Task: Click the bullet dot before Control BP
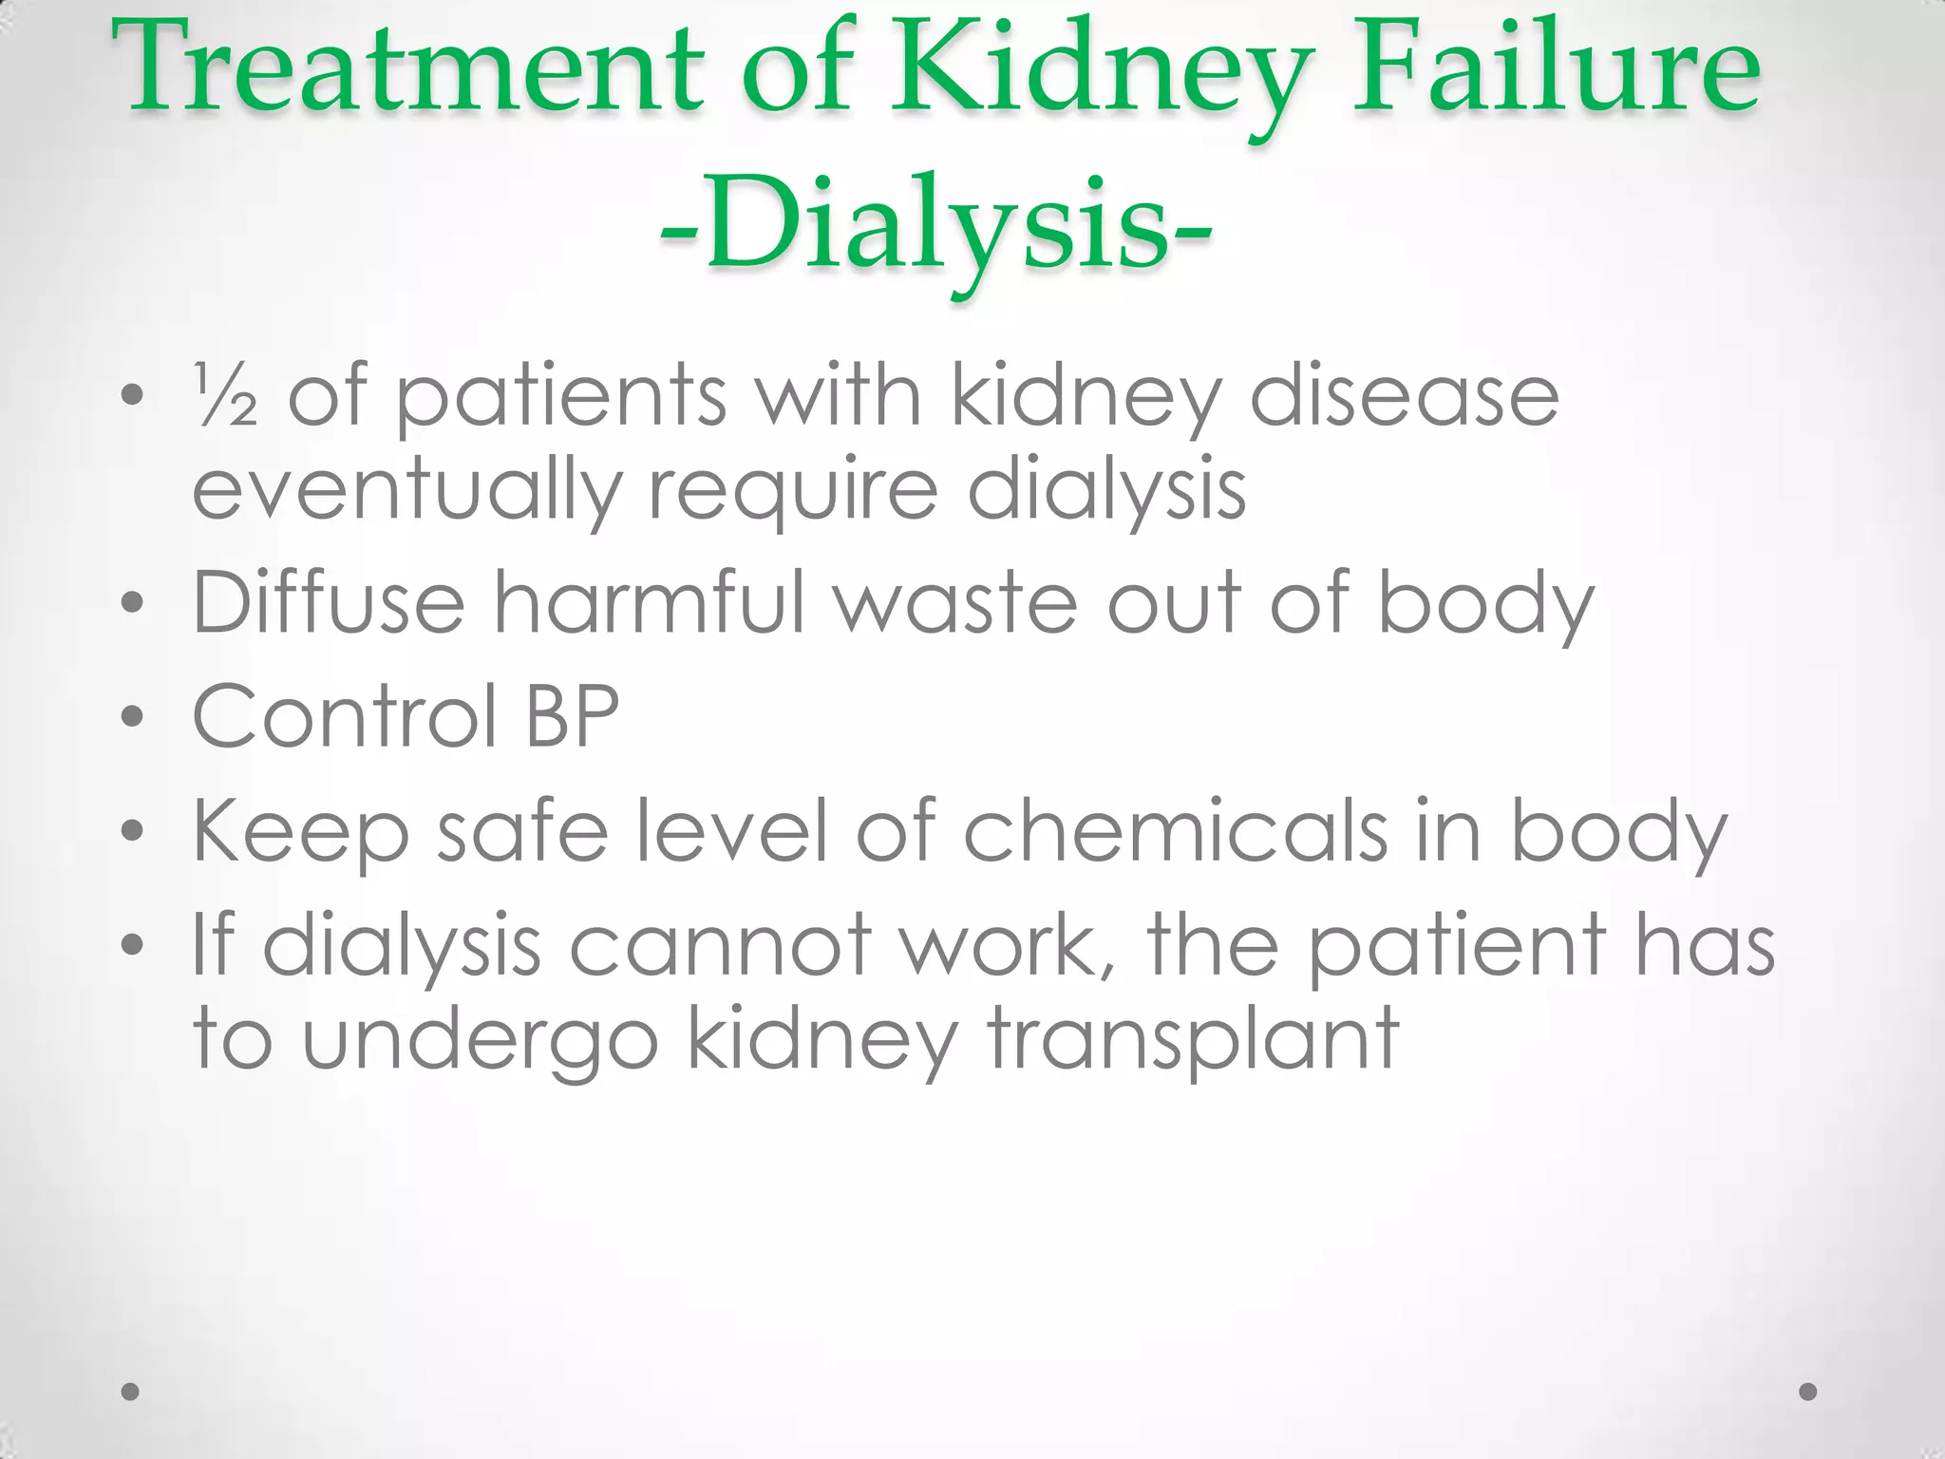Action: pos(132,716)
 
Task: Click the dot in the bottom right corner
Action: pos(1808,1392)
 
